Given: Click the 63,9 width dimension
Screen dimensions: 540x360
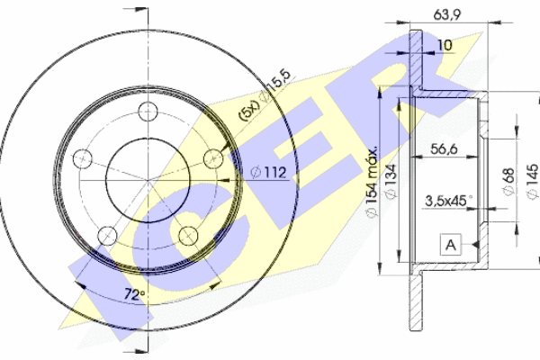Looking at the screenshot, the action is pos(446,14).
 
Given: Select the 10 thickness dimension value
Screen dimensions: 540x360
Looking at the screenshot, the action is pos(445,45).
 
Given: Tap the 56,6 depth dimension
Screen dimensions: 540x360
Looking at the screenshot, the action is pos(444,148).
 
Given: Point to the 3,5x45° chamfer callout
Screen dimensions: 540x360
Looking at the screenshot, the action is pos(448,201).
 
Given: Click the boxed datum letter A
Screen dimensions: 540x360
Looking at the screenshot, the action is pos(451,245).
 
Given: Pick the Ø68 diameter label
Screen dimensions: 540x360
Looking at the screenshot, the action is pos(508,181).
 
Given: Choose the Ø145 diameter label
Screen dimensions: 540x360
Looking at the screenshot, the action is pos(533,181).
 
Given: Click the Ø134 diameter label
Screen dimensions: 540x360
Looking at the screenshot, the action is pos(391,181).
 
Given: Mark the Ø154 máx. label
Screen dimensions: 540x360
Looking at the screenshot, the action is pos(372,182).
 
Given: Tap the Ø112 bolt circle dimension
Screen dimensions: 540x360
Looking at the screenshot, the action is pos(269,172).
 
